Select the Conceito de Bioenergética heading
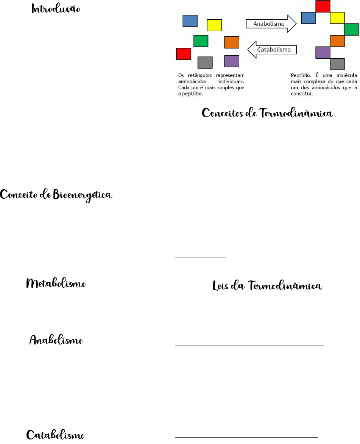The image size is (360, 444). tap(57, 195)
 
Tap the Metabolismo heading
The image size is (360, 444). tap(56, 284)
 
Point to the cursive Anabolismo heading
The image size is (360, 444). tap(56, 340)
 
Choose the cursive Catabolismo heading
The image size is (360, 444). tap(55, 434)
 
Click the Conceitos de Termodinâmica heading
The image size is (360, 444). tap(268, 113)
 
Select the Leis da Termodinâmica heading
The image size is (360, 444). tap(268, 286)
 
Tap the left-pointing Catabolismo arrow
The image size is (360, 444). tap(271, 50)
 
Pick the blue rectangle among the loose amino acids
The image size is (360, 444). tap(190, 21)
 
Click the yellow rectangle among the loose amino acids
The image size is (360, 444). tap(214, 25)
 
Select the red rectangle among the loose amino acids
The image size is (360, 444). tap(184, 54)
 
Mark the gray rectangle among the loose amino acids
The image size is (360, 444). tap(205, 62)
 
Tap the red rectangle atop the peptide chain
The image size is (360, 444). tap(323, 6)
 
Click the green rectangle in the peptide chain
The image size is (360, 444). tap(352, 29)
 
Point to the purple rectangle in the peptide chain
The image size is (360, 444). tap(323, 52)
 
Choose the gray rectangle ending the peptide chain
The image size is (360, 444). tap(337, 64)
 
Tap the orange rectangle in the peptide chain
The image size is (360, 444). tap(337, 41)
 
